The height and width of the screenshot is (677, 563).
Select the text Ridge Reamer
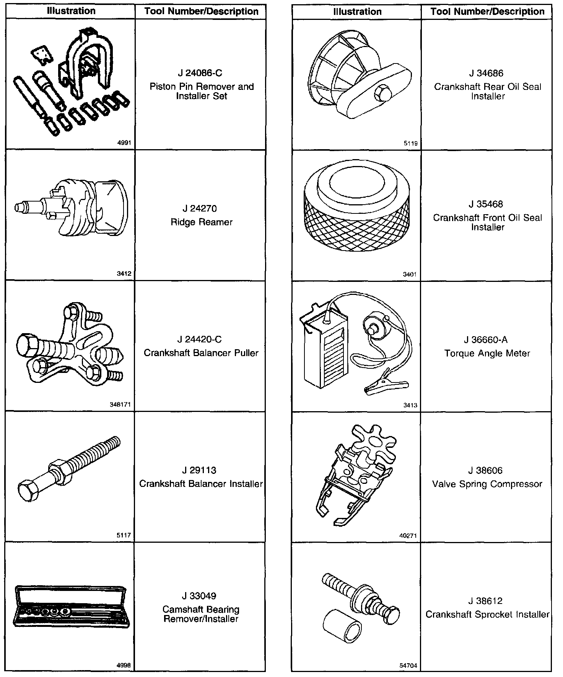coord(202,222)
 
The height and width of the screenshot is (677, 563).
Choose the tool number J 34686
coord(487,73)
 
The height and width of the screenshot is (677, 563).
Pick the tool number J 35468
coord(487,204)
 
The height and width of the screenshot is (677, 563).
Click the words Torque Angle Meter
coord(487,353)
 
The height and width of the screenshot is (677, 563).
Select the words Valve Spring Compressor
coord(487,484)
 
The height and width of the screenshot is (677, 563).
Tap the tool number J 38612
coord(487,601)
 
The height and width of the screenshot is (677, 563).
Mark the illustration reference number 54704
coord(409,666)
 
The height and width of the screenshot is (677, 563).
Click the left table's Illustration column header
coord(71,11)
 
